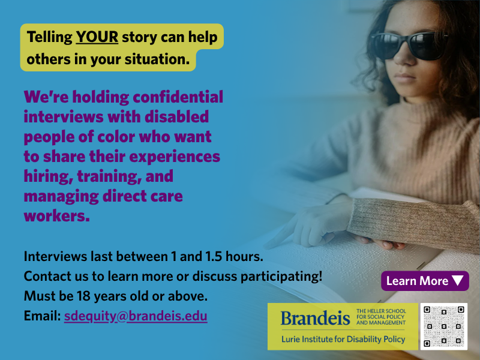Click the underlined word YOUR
(x=97, y=37)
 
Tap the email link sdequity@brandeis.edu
(x=136, y=316)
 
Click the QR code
(x=443, y=326)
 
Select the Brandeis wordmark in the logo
(x=316, y=318)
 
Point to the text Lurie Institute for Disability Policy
(x=343, y=339)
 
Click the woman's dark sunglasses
(x=409, y=46)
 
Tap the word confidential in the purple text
(x=178, y=97)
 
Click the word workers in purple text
(x=56, y=216)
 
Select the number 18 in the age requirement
(x=83, y=296)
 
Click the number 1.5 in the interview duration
(x=214, y=257)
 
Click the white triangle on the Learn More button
(x=458, y=281)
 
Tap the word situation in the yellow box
(x=157, y=59)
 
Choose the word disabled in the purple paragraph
(x=176, y=117)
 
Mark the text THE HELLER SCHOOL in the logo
(x=381, y=311)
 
